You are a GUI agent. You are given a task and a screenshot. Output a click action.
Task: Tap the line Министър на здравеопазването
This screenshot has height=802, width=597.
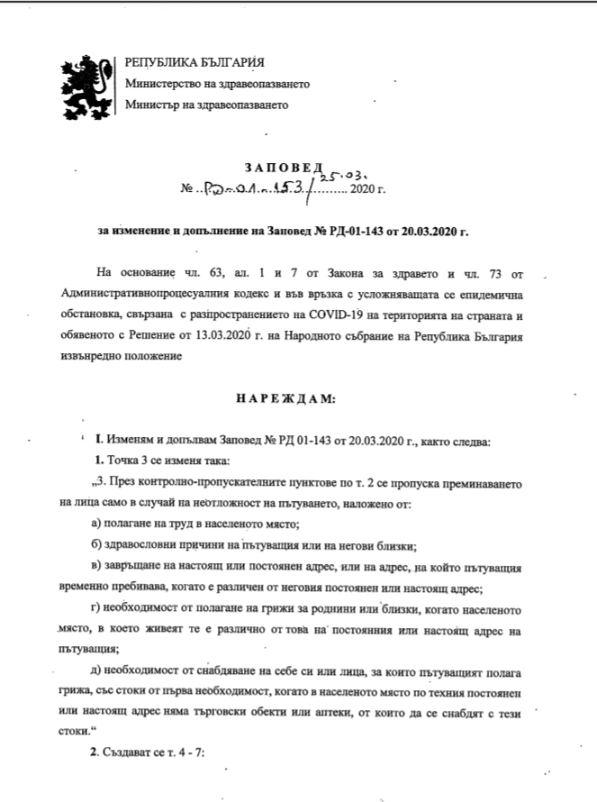(206, 105)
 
